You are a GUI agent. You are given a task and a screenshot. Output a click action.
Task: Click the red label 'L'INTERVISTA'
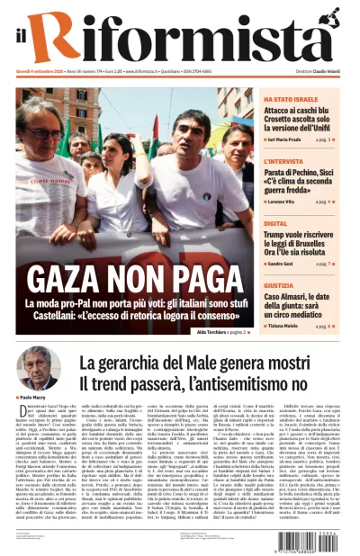coord(283,162)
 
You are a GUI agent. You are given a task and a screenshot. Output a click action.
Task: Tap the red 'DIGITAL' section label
coord(275,223)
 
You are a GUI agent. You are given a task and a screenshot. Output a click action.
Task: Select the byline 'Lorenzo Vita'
coord(284,202)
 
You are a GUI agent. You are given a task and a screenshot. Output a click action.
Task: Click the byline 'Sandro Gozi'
coord(283,264)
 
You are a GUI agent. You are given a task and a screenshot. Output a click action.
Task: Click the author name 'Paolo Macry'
coord(32,397)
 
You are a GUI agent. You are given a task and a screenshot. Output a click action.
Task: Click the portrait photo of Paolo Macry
coord(37,368)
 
